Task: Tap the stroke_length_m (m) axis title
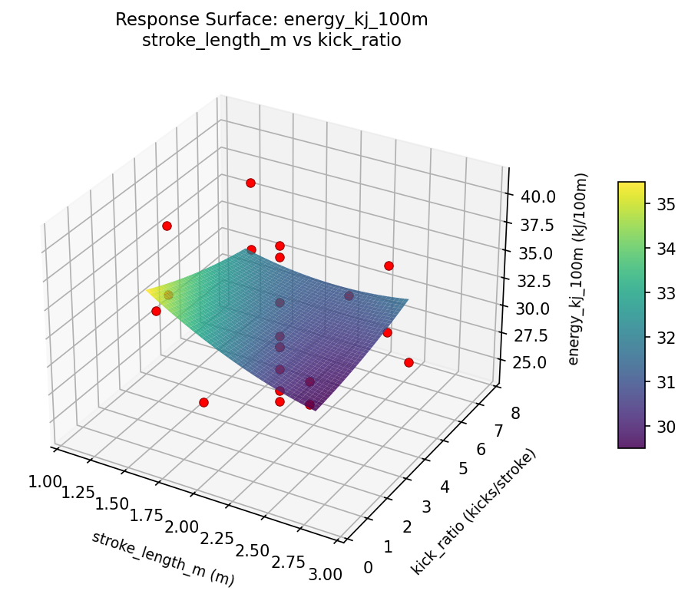pyautogui.click(x=163, y=559)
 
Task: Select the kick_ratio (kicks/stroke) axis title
pyautogui.click(x=474, y=512)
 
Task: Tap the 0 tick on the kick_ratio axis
pyautogui.click(x=369, y=567)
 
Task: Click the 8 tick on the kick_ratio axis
pyautogui.click(x=514, y=414)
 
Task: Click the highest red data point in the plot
pyautogui.click(x=250, y=183)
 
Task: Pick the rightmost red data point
pyautogui.click(x=408, y=362)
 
